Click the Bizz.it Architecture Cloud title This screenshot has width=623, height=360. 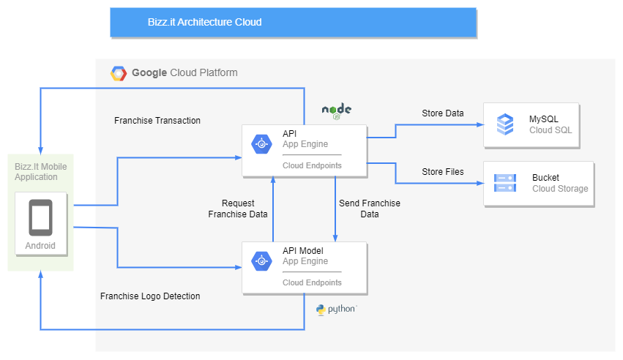click(204, 22)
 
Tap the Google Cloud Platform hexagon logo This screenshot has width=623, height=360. click(119, 73)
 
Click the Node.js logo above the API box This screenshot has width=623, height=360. click(337, 110)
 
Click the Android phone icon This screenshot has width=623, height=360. click(40, 217)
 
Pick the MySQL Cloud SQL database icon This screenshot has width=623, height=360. click(505, 124)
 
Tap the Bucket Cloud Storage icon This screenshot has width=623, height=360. click(505, 183)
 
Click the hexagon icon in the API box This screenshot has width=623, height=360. click(262, 144)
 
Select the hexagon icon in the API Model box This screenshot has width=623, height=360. click(262, 261)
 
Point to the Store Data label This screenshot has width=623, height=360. click(442, 113)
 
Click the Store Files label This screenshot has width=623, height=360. click(442, 172)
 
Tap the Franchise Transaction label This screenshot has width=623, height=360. click(157, 121)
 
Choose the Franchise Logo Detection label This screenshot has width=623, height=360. click(150, 296)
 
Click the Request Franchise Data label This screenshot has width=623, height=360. click(238, 209)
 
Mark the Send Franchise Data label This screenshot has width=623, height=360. click(370, 209)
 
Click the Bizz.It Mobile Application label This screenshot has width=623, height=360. click(41, 172)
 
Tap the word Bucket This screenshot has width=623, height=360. click(545, 178)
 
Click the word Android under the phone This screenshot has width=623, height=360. click(40, 246)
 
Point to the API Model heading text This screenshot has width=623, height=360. click(303, 251)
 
